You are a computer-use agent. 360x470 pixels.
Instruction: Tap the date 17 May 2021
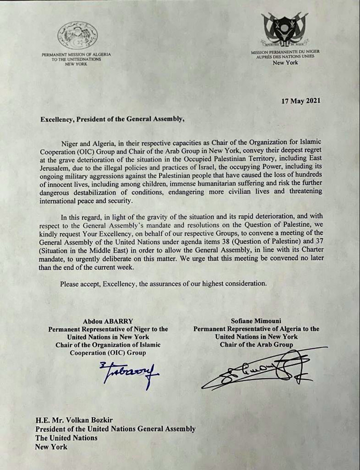301,101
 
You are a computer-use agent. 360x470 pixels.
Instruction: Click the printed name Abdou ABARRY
108,321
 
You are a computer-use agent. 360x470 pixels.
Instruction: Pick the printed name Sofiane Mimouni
256,321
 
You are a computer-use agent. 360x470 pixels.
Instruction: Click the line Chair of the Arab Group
256,344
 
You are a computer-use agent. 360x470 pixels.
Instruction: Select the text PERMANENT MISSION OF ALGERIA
76,54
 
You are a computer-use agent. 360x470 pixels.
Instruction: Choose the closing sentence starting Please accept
163,283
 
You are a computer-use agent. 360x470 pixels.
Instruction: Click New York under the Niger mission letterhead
285,63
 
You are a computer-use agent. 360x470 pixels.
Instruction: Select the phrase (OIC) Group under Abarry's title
128,352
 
